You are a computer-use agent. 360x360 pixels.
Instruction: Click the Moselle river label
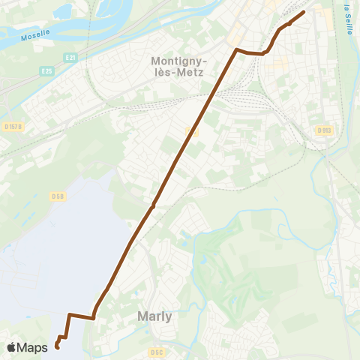[x=34, y=35]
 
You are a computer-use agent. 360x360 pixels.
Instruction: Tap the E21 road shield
[x=70, y=58]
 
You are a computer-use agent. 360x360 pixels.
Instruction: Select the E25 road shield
[x=47, y=71]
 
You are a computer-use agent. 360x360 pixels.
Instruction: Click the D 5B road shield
[x=58, y=196]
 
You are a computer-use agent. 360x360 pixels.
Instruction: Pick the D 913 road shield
[x=324, y=130]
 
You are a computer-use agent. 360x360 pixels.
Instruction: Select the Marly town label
[x=155, y=316]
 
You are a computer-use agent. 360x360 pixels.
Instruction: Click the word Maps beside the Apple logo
[x=32, y=347]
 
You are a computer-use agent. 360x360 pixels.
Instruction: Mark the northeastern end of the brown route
[x=304, y=12]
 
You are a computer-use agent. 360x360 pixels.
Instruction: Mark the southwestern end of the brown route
[x=57, y=346]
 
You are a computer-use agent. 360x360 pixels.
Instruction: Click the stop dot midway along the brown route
[x=152, y=206]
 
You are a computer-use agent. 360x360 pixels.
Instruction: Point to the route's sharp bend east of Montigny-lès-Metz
[x=237, y=50]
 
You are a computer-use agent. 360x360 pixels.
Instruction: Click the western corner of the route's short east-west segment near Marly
[x=69, y=314]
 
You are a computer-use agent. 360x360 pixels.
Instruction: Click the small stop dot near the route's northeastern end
[x=289, y=24]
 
